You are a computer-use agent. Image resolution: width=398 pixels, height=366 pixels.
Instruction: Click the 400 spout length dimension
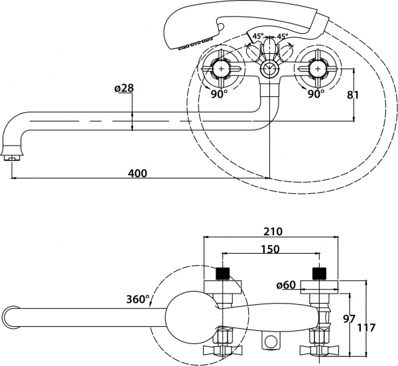click(x=137, y=173)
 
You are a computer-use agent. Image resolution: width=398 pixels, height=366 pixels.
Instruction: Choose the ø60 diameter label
click(x=285, y=286)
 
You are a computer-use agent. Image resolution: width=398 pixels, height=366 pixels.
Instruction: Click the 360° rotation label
click(x=137, y=299)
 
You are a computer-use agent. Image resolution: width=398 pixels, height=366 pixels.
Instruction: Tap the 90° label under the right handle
click(x=316, y=94)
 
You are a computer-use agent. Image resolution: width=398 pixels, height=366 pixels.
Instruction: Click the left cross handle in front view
click(x=221, y=68)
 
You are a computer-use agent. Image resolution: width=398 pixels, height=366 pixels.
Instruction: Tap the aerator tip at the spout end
click(x=13, y=155)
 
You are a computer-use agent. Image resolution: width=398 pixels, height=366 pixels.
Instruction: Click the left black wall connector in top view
click(x=223, y=272)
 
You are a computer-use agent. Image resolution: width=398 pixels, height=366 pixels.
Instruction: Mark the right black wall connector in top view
click(x=320, y=272)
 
